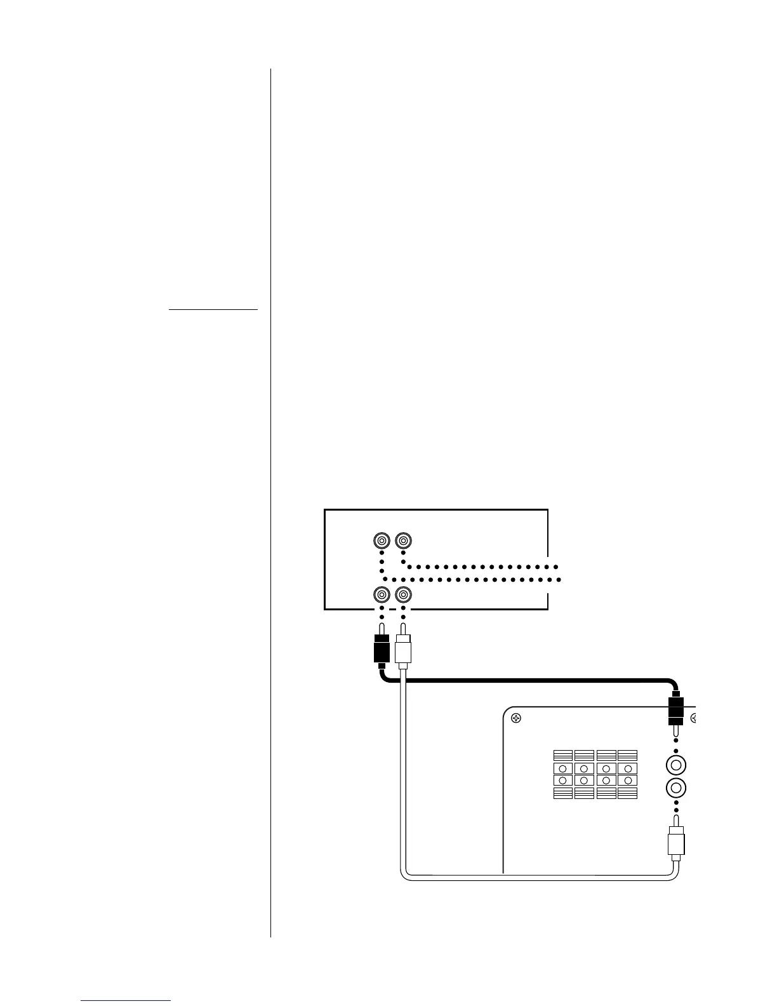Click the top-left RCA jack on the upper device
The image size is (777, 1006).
pos(381,540)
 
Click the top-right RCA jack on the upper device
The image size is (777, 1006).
pos(403,540)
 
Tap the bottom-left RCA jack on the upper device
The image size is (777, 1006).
pos(381,594)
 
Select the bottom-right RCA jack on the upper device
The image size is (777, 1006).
pos(403,594)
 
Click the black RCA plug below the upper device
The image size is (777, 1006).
pos(381,650)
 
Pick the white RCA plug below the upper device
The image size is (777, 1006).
pos(403,650)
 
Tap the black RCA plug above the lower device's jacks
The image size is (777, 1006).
pos(675,709)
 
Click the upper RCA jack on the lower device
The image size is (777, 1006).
pos(676,763)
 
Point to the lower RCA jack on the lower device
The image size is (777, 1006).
pos(676,788)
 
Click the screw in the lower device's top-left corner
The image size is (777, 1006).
pos(516,719)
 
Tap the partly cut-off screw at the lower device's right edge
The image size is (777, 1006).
pos(694,719)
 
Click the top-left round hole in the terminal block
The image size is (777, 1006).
pos(562,768)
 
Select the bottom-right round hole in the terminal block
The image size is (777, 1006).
pos(627,780)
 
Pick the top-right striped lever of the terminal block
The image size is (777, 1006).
pos(627,755)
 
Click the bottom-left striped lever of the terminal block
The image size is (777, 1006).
pos(562,793)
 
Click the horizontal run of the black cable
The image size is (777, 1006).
pos(527,681)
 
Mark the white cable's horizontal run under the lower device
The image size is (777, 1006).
pos(540,878)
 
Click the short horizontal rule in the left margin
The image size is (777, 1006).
pos(213,309)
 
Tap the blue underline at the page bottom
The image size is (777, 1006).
pos(126,1001)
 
